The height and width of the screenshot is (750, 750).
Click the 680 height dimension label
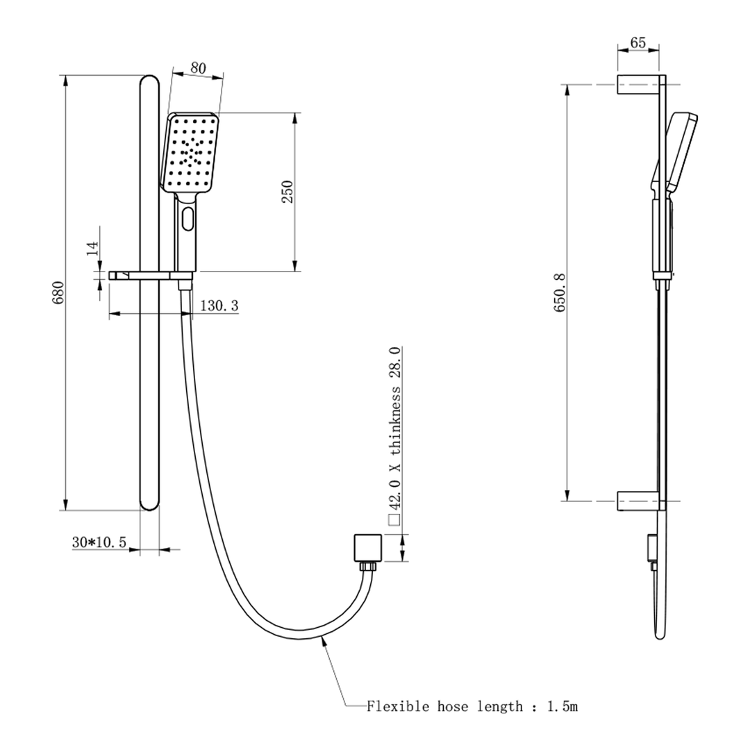pos(59,292)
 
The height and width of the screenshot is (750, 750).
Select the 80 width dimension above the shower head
pos(198,68)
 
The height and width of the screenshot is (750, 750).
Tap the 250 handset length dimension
pos(287,192)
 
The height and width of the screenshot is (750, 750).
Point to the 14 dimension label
pos(93,249)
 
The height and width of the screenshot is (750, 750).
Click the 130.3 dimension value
pos(219,306)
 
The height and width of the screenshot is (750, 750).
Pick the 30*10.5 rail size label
pos(99,542)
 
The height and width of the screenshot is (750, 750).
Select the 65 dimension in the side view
pos(637,43)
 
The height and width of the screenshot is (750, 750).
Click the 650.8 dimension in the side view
pos(560,292)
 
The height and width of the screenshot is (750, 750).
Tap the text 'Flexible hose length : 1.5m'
pos(472,707)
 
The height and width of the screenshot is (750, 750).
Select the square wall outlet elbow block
pos(367,547)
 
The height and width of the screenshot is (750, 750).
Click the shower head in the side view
pos(681,153)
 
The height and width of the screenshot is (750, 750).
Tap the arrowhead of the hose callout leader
pos(322,643)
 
